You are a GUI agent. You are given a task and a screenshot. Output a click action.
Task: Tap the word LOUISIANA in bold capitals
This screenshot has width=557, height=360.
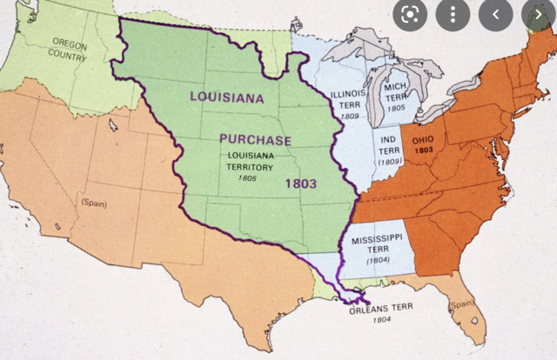(x=226, y=97)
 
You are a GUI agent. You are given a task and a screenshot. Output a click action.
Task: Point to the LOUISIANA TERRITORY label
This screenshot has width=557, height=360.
(x=247, y=161)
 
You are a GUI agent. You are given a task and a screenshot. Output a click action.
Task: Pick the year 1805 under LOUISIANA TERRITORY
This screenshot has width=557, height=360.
(x=249, y=177)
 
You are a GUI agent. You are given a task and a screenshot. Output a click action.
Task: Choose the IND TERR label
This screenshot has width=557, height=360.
(x=392, y=143)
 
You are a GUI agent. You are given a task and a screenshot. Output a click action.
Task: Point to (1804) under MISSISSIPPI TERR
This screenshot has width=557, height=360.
(x=378, y=259)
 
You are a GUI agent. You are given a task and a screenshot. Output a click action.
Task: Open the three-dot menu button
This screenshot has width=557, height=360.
(x=452, y=15)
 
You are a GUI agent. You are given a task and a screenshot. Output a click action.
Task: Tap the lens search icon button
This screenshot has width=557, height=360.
(x=409, y=15)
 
